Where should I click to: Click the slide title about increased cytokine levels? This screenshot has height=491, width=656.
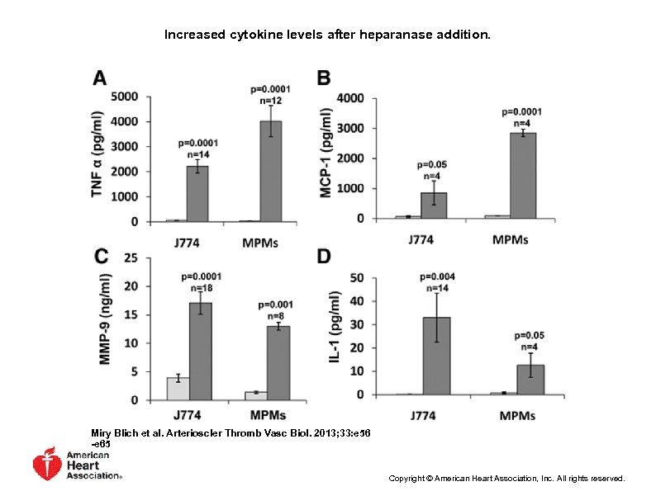tap(327, 35)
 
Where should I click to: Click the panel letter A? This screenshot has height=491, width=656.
tap(99, 78)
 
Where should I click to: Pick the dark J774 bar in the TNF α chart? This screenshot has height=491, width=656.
tap(197, 194)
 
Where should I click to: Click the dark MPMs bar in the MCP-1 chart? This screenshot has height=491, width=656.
tap(522, 176)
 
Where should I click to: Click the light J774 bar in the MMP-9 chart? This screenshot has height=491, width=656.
tap(178, 389)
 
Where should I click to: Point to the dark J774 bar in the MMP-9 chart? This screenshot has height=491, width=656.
tap(201, 352)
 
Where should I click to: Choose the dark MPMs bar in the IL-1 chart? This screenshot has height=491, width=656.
tap(529, 380)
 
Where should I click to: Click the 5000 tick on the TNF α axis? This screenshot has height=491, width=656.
tap(125, 97)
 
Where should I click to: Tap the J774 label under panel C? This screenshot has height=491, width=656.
tap(189, 416)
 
